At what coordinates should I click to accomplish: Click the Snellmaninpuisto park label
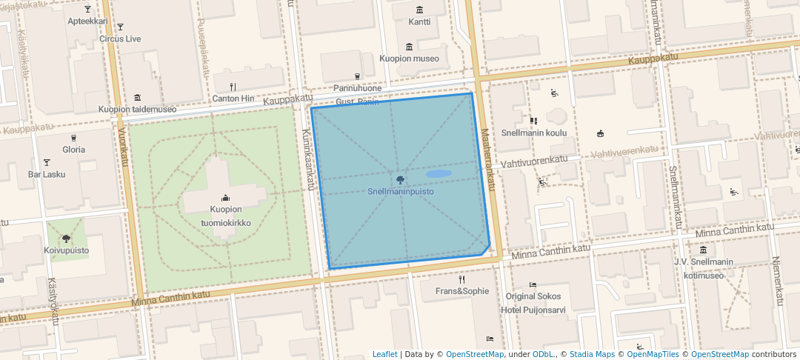click(x=401, y=192)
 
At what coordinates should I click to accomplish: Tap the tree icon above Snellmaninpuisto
click(x=401, y=179)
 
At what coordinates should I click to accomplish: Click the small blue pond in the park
click(x=438, y=174)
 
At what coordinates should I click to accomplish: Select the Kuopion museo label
click(x=409, y=59)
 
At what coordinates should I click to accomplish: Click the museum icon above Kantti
click(x=420, y=10)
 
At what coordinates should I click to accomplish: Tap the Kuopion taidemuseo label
click(x=138, y=110)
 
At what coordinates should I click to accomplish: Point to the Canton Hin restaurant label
click(x=233, y=99)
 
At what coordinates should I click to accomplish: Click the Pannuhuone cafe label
click(x=357, y=88)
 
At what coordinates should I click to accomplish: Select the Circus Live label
click(x=120, y=39)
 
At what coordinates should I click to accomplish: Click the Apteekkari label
click(x=88, y=21)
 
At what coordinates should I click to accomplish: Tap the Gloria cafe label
click(x=73, y=150)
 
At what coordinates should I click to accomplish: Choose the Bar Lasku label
click(x=47, y=175)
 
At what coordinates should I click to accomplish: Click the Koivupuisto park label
click(x=66, y=250)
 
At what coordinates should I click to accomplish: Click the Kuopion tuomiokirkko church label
click(x=225, y=216)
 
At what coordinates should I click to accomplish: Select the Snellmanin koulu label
click(x=533, y=133)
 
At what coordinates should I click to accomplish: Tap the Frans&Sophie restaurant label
click(x=462, y=291)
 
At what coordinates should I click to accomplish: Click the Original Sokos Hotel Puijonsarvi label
click(x=533, y=303)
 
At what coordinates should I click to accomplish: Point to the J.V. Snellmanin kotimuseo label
click(x=703, y=269)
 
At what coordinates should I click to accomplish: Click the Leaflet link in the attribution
click(x=384, y=355)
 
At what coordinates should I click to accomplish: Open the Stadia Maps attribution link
click(x=592, y=355)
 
